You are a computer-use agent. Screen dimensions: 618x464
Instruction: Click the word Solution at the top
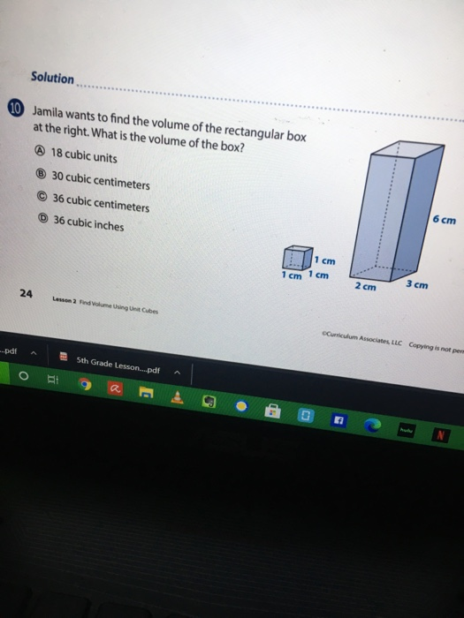52,78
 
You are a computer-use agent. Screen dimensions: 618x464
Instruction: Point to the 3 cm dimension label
416,284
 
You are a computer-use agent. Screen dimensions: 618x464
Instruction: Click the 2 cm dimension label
365,287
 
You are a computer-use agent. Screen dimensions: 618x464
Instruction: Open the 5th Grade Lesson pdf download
115,361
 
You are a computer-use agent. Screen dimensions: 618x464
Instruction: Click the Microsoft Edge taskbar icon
372,425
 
